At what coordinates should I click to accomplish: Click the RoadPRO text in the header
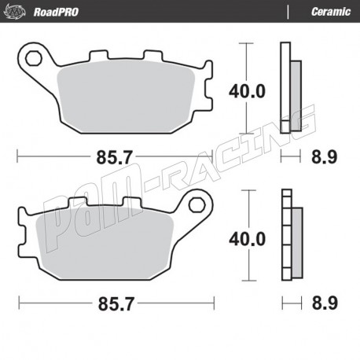pos(56,12)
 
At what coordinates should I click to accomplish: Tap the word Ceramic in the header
pos(331,12)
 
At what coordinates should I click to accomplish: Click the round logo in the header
pos(15,12)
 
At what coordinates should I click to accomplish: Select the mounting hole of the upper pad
pos(34,58)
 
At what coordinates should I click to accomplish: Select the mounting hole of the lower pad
pos(197,204)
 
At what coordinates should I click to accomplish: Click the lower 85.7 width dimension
pos(116,303)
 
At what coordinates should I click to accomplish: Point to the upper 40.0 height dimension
pos(247,91)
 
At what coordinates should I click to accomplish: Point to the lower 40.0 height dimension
pos(248,239)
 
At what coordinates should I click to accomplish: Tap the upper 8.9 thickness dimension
pos(324,157)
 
